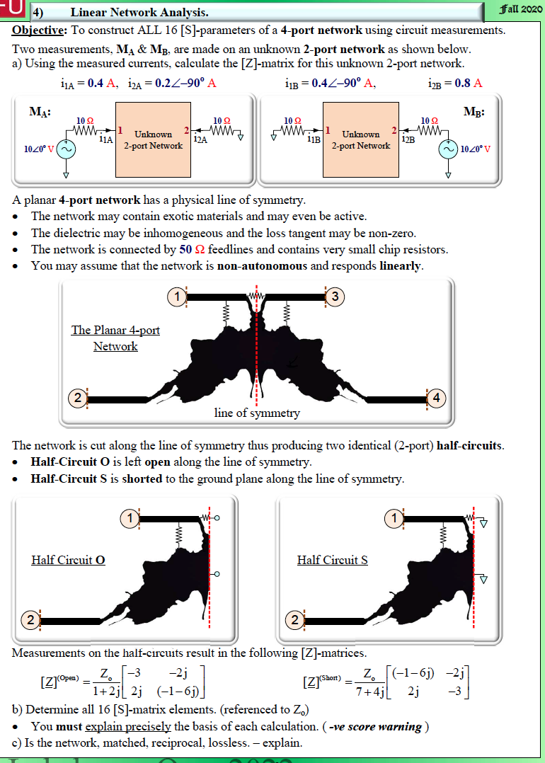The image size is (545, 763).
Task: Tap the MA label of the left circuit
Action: pyautogui.click(x=40, y=111)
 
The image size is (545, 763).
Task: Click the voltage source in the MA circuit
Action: pyautogui.click(x=67, y=150)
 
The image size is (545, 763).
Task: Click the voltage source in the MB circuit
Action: pyautogui.click(x=448, y=150)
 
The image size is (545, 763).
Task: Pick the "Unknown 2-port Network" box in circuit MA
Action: pyautogui.click(x=154, y=139)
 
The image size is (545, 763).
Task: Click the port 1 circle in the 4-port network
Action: pyautogui.click(x=176, y=297)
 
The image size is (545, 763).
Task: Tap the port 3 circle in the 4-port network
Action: pyautogui.click(x=337, y=297)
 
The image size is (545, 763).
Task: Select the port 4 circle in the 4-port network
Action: pyautogui.click(x=437, y=398)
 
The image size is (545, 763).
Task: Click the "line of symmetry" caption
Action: pyautogui.click(x=257, y=413)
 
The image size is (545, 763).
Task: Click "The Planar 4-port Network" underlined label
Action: pyautogui.click(x=115, y=338)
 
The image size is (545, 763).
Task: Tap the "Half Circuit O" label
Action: pyautogui.click(x=68, y=560)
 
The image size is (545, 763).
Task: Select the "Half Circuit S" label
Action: pyautogui.click(x=333, y=560)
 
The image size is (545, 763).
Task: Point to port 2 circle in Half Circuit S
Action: pyautogui.click(x=297, y=621)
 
